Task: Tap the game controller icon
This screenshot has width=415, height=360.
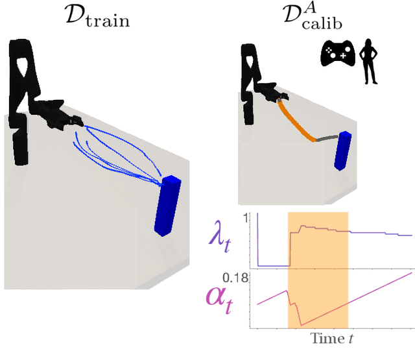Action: pyautogui.click(x=338, y=55)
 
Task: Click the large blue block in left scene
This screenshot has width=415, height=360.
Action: pyautogui.click(x=168, y=204)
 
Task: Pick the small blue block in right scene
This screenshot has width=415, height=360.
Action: pyautogui.click(x=342, y=151)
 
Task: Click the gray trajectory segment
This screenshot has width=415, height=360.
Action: pyautogui.click(x=327, y=138)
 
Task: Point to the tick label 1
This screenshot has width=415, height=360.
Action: pyautogui.click(x=244, y=219)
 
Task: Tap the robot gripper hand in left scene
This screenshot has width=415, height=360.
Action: pyautogui.click(x=62, y=115)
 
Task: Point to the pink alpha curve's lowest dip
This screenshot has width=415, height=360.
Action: pyautogui.click(x=300, y=323)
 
